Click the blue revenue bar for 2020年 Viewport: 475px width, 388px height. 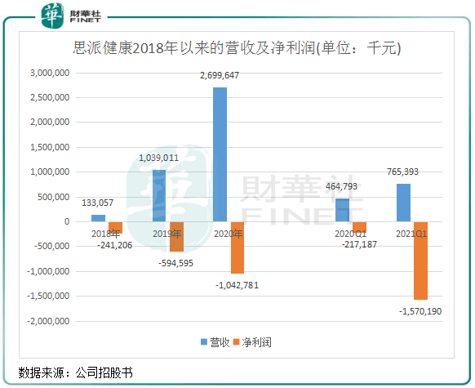click(220, 154)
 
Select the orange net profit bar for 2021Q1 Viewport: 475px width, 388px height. click(421, 261)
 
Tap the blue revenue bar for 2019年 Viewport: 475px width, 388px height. click(159, 196)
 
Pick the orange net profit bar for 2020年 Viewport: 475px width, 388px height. click(237, 248)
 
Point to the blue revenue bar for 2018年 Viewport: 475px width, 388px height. click(98, 218)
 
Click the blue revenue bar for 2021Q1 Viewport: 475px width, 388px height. click(403, 203)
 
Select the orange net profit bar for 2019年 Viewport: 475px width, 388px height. click(176, 237)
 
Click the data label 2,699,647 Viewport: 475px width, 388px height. click(220, 75)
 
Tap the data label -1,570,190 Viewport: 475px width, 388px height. click(420, 311)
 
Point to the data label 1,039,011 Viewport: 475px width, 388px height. click(158, 158)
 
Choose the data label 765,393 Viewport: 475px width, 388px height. click(402, 172)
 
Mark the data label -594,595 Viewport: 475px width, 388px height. click(175, 263)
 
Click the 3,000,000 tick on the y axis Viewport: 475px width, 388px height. click(50, 73)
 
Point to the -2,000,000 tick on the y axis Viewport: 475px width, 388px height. click(48, 321)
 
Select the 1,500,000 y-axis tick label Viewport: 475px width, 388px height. click(50, 147)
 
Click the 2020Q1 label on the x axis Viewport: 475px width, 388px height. click(350, 234)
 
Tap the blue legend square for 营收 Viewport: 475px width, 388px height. click(204, 342)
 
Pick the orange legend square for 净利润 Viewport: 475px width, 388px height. click(237, 342)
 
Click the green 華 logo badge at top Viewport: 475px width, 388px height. click(52, 16)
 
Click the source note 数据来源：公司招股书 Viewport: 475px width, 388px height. click(75, 372)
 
